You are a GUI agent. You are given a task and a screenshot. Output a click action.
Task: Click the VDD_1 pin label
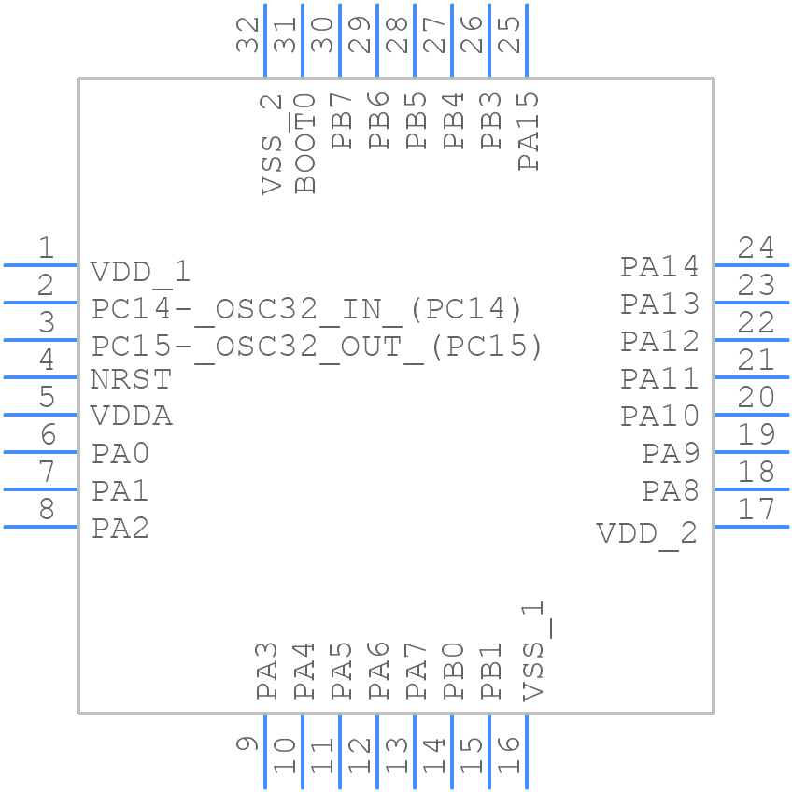pos(140,272)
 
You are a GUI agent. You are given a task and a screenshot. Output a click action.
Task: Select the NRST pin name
pos(131,380)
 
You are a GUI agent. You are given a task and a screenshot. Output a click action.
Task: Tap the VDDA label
pos(132,417)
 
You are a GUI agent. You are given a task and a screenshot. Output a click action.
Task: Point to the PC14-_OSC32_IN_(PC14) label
pos(306,309)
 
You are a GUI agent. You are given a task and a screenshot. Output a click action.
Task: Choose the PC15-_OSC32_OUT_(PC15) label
pos(317,346)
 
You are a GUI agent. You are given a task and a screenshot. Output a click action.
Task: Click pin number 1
pos(46,248)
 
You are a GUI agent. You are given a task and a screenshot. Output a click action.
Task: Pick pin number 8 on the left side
pos(46,510)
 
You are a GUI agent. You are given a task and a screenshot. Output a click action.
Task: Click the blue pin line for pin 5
pos(40,415)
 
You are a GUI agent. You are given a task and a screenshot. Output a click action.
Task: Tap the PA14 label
pos(660,267)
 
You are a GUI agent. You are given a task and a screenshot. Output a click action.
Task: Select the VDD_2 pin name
pos(647,533)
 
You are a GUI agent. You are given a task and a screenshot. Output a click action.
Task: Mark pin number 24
pos(756,248)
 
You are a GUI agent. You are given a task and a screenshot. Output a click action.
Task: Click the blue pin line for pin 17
pos(752,527)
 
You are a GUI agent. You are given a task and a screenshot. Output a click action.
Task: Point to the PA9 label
pos(671,454)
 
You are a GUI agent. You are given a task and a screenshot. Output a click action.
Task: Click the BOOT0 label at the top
pos(305,143)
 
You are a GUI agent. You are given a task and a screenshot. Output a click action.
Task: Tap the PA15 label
pos(529,131)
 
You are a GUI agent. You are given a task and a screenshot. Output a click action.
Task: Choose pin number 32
pos(247,35)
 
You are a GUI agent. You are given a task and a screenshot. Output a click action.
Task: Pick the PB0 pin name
pos(454,671)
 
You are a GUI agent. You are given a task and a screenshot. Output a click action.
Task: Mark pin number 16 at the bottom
pos(509,755)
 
